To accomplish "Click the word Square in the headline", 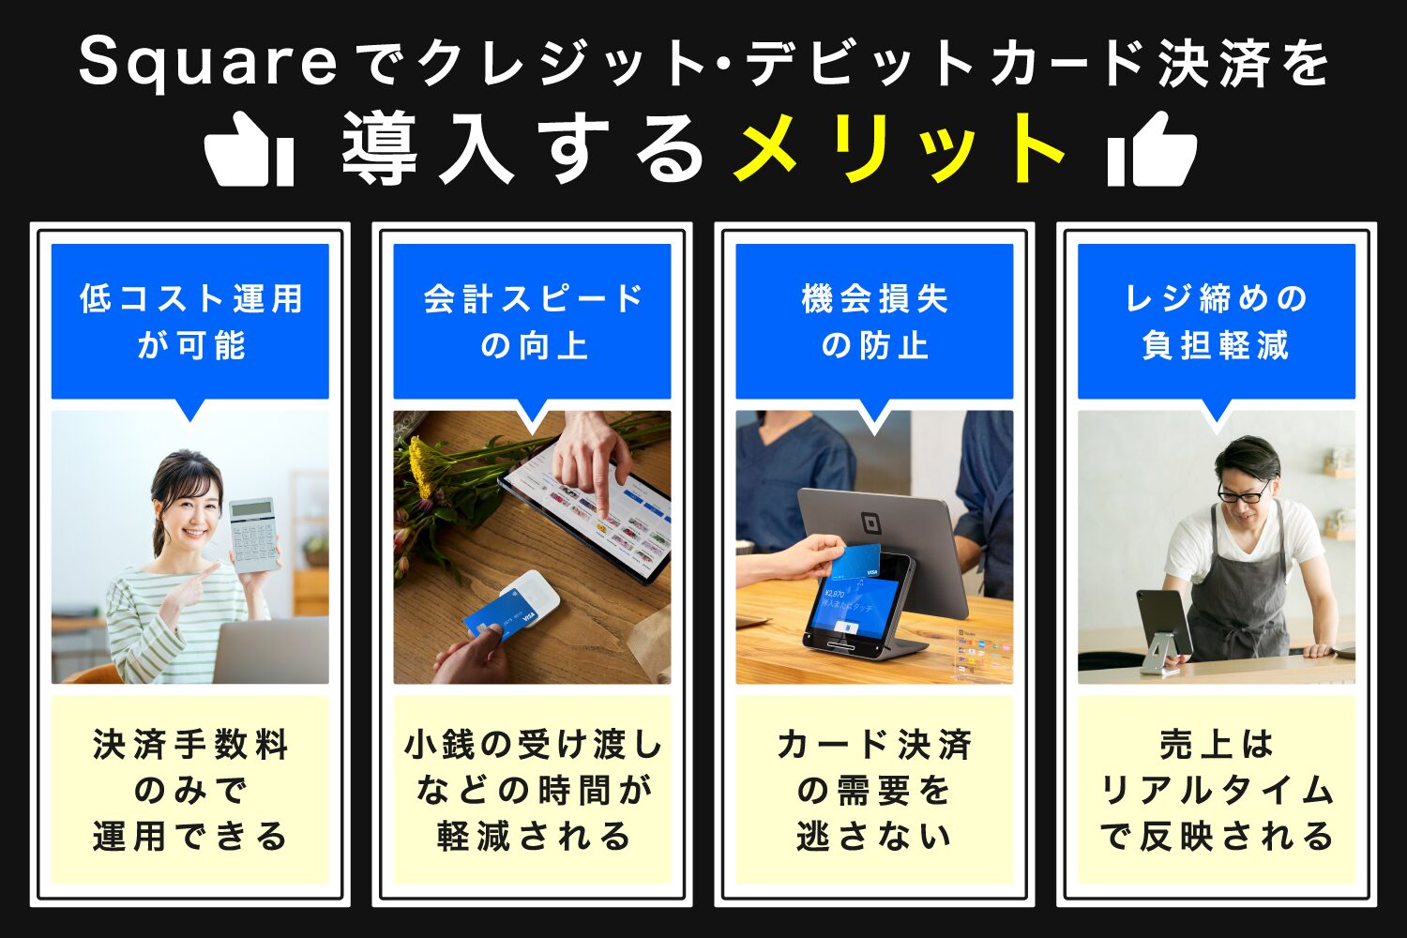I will click(207, 64).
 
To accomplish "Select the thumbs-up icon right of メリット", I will click(1152, 150).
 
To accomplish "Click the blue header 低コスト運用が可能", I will click(190, 322).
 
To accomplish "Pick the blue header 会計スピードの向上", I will click(532, 322).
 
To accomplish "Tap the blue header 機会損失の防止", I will click(874, 322).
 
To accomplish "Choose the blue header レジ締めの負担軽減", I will click(1216, 322).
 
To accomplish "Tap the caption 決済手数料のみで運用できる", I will click(190, 790).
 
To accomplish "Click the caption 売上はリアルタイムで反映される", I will click(1216, 790).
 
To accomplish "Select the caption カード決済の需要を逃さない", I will click(874, 790).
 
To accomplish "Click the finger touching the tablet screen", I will click(601, 511).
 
